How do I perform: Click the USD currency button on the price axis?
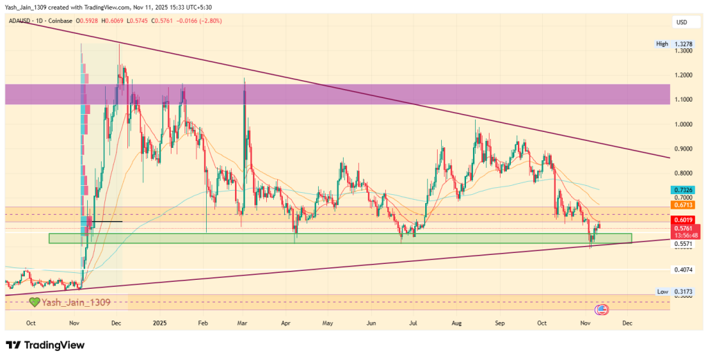(682, 23)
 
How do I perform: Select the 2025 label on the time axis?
(160, 323)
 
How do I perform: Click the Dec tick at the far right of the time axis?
(627, 323)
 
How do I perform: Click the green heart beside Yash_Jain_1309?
(34, 302)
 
